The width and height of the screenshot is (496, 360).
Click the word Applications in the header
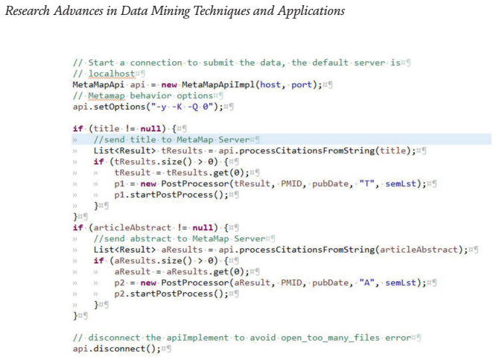311,11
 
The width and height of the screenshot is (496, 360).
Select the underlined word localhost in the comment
112,74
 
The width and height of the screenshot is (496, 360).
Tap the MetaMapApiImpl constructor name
219,84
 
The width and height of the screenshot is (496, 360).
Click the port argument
302,85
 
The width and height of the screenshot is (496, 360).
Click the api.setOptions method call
109,107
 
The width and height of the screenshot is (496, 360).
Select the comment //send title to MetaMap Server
171,139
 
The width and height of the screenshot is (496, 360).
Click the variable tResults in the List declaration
182,151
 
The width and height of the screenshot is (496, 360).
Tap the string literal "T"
366,183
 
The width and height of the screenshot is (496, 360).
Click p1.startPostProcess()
171,195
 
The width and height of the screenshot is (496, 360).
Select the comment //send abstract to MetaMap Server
179,239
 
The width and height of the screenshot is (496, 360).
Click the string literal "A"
366,282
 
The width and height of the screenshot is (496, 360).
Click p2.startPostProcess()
171,294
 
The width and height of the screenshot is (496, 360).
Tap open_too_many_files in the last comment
330,338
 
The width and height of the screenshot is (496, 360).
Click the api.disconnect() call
114,349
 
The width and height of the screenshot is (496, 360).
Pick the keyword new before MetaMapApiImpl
169,85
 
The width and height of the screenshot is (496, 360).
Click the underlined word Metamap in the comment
106,95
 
